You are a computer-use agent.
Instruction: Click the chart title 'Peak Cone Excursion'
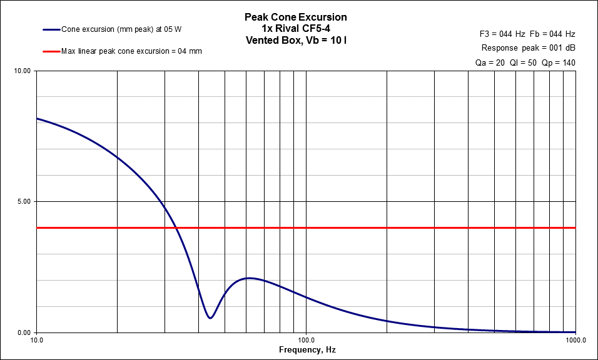295,17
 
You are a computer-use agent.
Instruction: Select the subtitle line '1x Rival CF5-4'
295,28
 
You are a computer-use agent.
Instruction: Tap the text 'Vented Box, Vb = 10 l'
295,39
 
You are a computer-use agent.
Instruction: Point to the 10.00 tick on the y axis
22,71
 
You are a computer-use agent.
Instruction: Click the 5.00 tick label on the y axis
23,202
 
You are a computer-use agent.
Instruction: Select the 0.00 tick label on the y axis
23,332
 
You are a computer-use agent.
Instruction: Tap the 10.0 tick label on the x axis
36,341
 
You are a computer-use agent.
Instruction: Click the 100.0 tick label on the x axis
306,341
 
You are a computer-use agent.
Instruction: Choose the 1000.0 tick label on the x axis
575,341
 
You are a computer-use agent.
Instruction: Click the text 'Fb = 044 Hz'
554,34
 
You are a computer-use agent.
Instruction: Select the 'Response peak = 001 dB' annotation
529,48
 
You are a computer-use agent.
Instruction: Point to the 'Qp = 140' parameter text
558,62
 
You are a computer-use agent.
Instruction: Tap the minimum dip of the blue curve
210,318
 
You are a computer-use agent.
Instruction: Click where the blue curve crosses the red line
176,228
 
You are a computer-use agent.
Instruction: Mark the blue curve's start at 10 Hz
37,118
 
